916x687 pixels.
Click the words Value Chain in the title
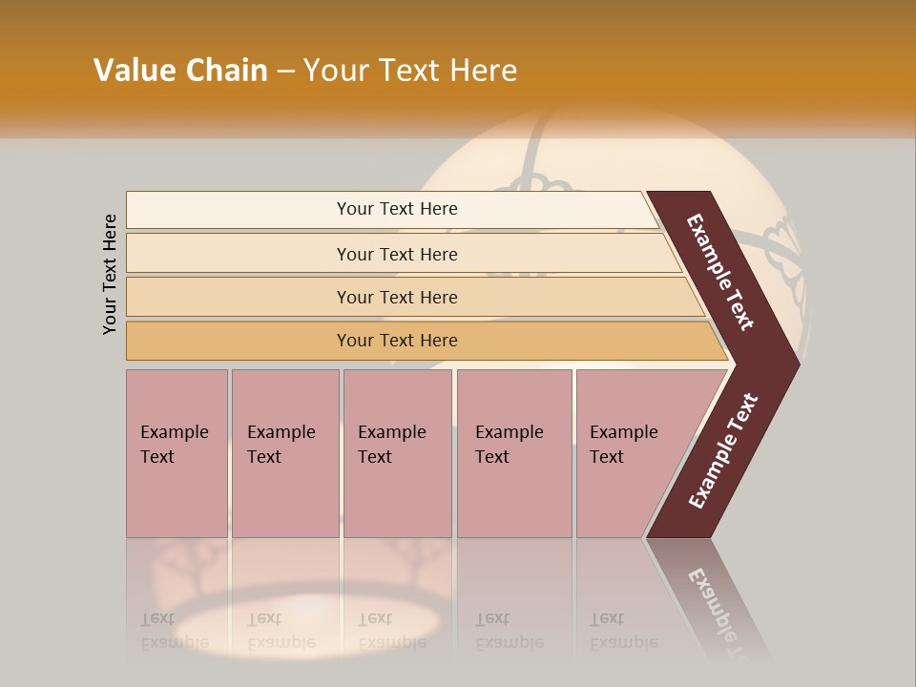180,71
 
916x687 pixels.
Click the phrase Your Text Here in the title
410,71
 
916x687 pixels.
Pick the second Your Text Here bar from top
397,254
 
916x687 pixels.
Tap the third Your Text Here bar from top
397,297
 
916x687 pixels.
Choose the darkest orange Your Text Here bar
397,341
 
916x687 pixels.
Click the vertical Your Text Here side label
111,275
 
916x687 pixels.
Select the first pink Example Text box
177,452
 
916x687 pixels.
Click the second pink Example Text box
284,452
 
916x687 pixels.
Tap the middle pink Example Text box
397,452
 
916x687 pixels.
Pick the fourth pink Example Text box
513,452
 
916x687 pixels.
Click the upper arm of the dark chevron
721,272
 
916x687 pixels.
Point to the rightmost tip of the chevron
795,364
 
